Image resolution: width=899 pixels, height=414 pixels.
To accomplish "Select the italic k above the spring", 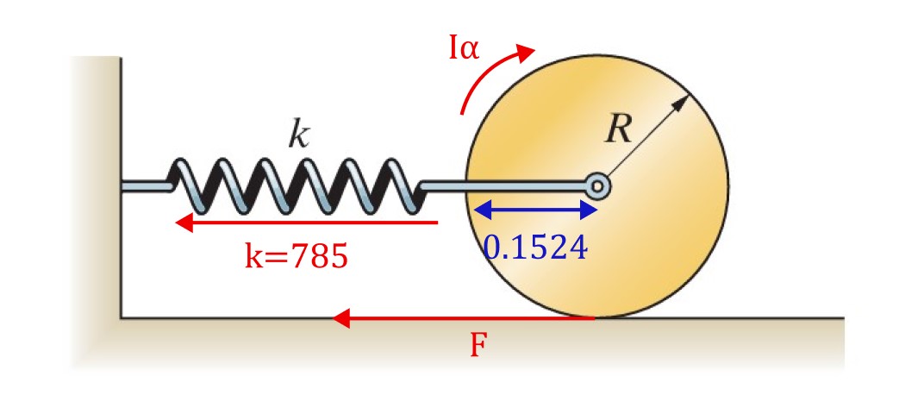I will coord(298,135).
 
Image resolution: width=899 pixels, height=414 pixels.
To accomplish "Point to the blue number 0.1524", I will coord(535,248).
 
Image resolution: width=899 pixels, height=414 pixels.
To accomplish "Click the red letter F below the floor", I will coord(479,346).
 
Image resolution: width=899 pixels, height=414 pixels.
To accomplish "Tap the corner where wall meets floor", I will coord(121,317).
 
